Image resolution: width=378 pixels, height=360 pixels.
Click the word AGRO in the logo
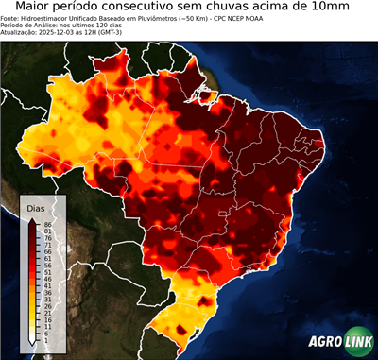click(321, 342)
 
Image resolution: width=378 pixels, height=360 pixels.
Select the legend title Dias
click(35, 207)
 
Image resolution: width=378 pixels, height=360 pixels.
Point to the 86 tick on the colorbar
click(46, 223)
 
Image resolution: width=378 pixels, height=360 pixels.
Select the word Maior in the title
click(37, 8)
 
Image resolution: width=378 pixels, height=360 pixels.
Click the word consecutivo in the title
click(155, 8)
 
